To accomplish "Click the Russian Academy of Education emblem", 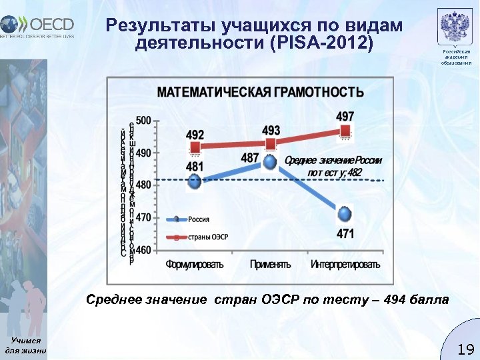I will coord(456,28).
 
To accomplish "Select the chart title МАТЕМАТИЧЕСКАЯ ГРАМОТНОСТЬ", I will coord(260,92).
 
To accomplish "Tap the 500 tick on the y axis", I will coord(143,121).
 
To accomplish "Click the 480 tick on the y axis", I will coord(143,185).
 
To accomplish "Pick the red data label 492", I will coord(195,134).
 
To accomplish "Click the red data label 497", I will coord(345,116).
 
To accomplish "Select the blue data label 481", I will coord(195,166).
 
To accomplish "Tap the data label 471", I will coord(345,233).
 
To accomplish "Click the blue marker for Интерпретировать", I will coord(345,214).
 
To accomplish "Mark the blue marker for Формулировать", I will coord(195,181).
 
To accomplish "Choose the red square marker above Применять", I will coord(271,144).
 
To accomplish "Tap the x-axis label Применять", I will coord(270,264).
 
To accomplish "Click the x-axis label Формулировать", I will coord(195,264).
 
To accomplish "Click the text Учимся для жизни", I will coord(25,345).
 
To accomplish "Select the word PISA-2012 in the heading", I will coord(321,44).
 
